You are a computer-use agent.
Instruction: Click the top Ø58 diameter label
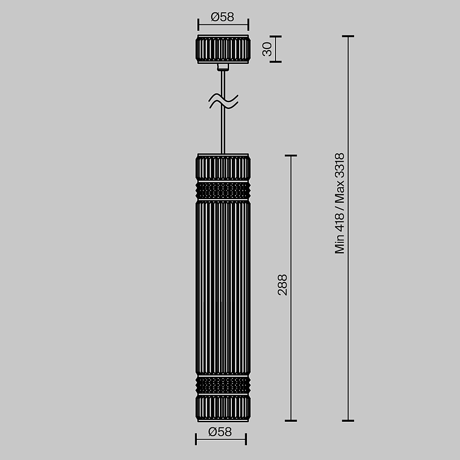tap(223, 17)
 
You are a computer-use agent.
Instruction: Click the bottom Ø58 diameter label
tap(220, 432)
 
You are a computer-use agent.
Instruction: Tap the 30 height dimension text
tap(267, 49)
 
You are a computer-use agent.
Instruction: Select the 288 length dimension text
tap(282, 284)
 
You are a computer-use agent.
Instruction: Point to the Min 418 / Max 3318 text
tap(339, 203)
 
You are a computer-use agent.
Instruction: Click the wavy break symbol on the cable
tap(224, 101)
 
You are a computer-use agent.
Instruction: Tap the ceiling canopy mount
tap(223, 49)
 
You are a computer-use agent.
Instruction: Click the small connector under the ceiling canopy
tap(223, 67)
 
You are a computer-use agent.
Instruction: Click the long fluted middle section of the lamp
tap(223, 287)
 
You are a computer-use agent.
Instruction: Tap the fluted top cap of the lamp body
tap(223, 167)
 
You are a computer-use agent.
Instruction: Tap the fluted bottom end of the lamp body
tap(223, 407)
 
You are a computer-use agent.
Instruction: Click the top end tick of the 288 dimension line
tap(290, 155)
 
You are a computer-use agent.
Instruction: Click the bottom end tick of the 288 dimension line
tap(290, 420)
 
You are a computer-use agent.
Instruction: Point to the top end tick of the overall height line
tap(348, 36)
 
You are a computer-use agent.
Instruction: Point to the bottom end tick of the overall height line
tap(348, 420)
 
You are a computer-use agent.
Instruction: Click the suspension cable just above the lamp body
tap(224, 138)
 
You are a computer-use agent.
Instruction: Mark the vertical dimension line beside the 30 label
tap(276, 49)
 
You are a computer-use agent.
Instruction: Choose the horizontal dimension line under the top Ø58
tap(223, 25)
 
